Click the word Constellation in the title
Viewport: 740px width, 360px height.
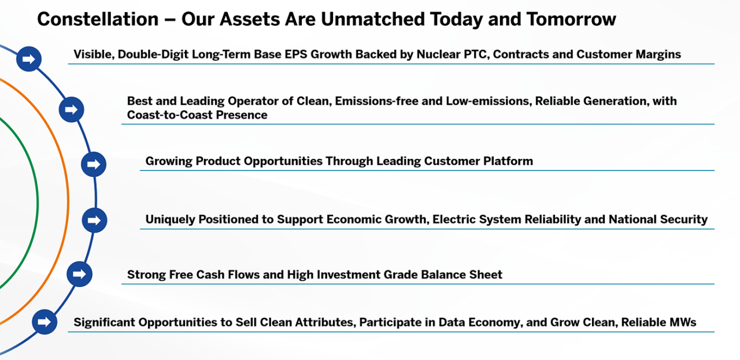pos(98,19)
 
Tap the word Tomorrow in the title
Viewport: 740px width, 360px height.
pos(571,19)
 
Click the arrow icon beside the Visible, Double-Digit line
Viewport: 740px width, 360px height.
pos(29,59)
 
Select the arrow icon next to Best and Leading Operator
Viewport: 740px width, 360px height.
pos(71,110)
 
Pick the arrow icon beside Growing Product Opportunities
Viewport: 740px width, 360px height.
pos(94,164)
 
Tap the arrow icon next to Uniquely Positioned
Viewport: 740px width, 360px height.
pos(94,220)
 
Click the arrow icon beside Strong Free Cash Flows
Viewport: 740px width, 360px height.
pos(79,274)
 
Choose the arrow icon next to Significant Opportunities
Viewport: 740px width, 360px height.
pos(45,322)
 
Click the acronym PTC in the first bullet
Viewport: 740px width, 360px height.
pos(476,54)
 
